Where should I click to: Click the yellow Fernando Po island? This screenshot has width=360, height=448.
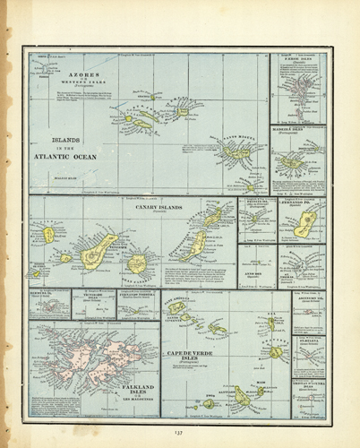pyautogui.click(x=304, y=223)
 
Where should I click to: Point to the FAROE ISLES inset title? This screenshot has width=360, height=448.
pyautogui.click(x=298, y=59)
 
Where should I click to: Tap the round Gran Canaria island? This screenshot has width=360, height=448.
pyautogui.click(x=136, y=263)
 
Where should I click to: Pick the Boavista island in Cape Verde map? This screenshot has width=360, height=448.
pyautogui.click(x=276, y=352)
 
